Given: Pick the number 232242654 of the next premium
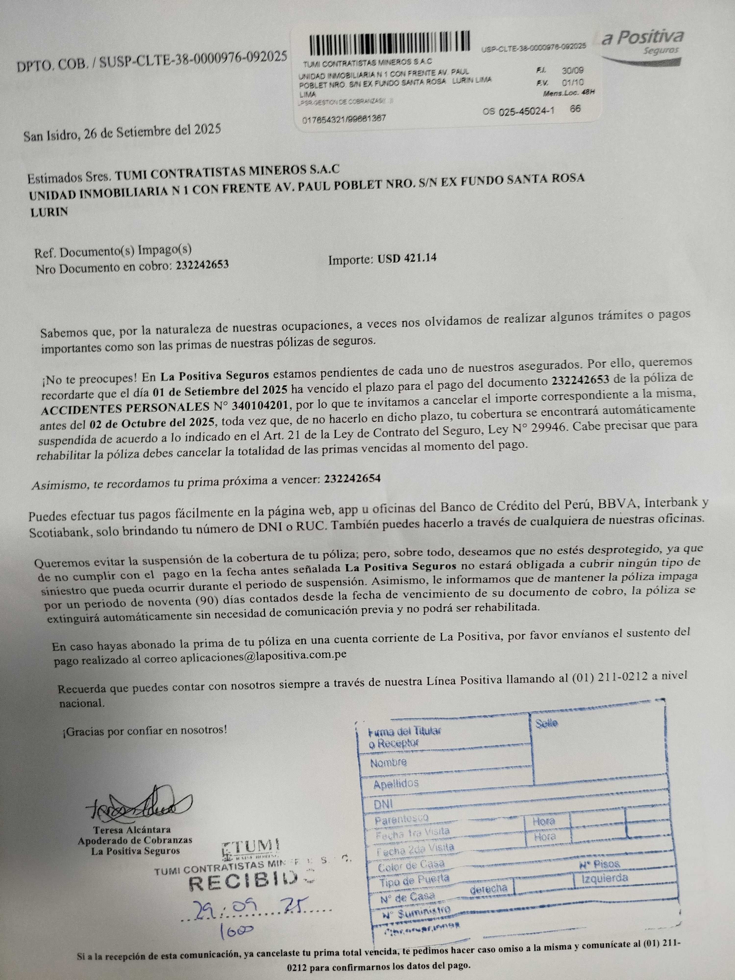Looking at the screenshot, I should [352, 479].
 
